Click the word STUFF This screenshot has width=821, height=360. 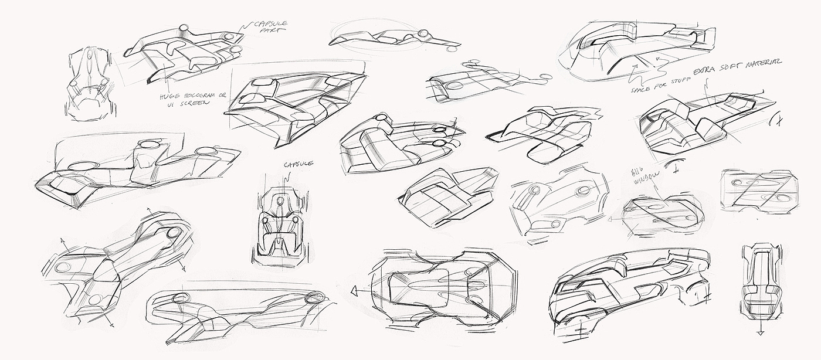pos(681,79)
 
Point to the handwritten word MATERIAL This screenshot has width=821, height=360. pos(765,62)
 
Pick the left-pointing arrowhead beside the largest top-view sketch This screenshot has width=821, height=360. pos(354,291)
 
